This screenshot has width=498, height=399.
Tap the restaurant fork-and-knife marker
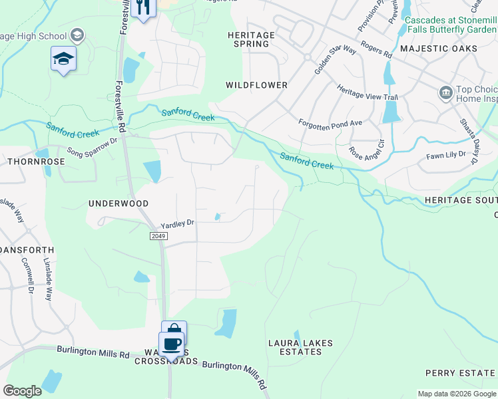[143, 7]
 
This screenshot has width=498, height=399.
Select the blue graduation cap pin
[64, 59]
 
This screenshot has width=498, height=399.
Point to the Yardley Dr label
[177, 224]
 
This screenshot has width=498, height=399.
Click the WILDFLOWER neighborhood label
[256, 85]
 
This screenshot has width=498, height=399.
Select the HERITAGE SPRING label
[251, 39]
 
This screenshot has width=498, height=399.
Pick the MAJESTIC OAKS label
[438, 49]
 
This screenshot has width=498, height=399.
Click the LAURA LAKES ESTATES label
[300, 347]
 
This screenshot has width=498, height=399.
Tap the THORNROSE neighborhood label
[27, 162]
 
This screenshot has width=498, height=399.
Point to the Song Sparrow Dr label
[91, 147]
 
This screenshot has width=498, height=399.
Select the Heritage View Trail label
[367, 92]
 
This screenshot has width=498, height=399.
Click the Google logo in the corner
[23, 391]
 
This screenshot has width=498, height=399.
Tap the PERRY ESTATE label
[461, 373]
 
